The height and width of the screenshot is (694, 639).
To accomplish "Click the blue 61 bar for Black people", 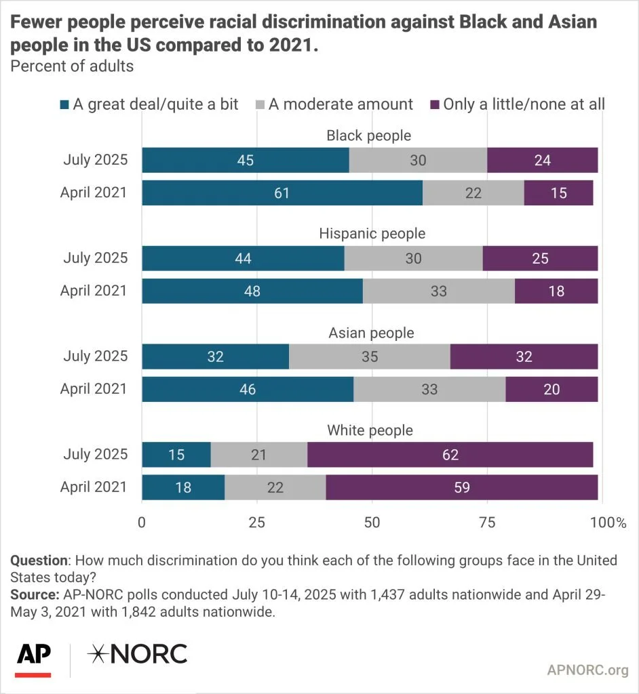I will pos(282,192).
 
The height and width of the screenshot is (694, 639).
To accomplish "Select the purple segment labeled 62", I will pos(451,454).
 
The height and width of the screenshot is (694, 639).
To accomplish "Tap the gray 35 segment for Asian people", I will pos(370,356).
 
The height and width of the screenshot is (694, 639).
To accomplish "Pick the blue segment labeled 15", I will pos(176,454).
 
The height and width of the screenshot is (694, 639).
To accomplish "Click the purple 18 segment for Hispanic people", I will pos(556,291).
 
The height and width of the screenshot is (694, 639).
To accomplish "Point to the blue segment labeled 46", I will pos(248,389).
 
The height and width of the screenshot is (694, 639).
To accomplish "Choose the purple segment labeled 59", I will pos(461,487).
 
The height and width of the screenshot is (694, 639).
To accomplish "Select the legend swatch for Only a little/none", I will pos(435,104).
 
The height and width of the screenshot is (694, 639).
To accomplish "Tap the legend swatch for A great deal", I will pos(65,104).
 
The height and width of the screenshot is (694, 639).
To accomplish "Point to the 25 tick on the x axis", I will pos(255,523).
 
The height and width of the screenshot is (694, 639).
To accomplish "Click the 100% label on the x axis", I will pos(608,523).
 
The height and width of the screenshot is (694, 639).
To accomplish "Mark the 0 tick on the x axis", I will pos(142,523).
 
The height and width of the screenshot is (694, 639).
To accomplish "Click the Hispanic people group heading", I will pos(372,234).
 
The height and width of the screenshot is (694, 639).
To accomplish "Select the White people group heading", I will pos(370,430).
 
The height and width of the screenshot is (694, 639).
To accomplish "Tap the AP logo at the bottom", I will pos(34,656).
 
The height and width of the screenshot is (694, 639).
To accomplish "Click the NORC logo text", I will pos(138,654).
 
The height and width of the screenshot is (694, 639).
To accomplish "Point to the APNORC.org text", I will pos(587,670).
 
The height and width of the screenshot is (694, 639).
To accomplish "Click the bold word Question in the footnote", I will pos(39,561).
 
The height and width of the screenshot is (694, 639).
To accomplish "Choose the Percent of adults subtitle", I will pos(62,66).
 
